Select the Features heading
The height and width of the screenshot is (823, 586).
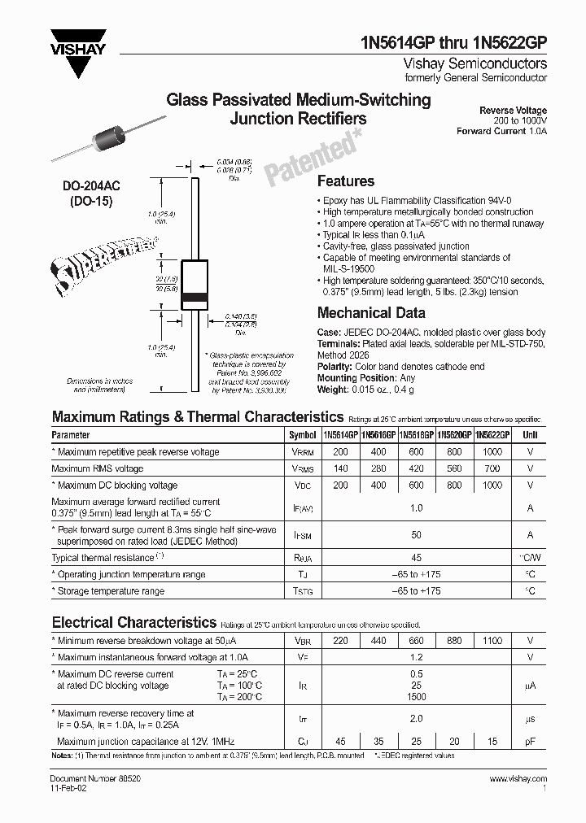coord(345,181)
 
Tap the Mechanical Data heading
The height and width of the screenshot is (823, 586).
coord(370,312)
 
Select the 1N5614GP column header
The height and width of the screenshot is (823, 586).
coord(340,435)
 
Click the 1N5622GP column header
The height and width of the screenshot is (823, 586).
coord(492,435)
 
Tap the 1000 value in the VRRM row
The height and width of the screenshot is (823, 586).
coord(492,452)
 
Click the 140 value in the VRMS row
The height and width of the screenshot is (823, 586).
coord(340,468)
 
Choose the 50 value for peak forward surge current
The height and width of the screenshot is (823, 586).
coord(416,535)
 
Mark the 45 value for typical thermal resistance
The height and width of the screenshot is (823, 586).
coord(416,558)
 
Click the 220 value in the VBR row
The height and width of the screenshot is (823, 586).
coord(340,641)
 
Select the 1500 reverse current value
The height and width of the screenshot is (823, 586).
coord(416,698)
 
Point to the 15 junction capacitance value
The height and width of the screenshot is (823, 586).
coord(492,741)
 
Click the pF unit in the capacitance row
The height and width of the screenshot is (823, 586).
coord(530,741)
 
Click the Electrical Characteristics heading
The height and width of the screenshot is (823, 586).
coord(134,622)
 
